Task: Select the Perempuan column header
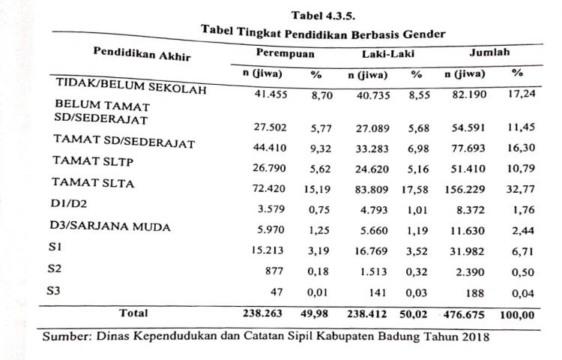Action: coord(285,53)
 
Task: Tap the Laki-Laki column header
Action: coord(379,54)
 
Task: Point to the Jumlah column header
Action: coord(489,52)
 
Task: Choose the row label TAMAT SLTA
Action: coord(93,182)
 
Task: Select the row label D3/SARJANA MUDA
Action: coord(112,226)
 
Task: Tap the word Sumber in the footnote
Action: coord(66,336)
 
